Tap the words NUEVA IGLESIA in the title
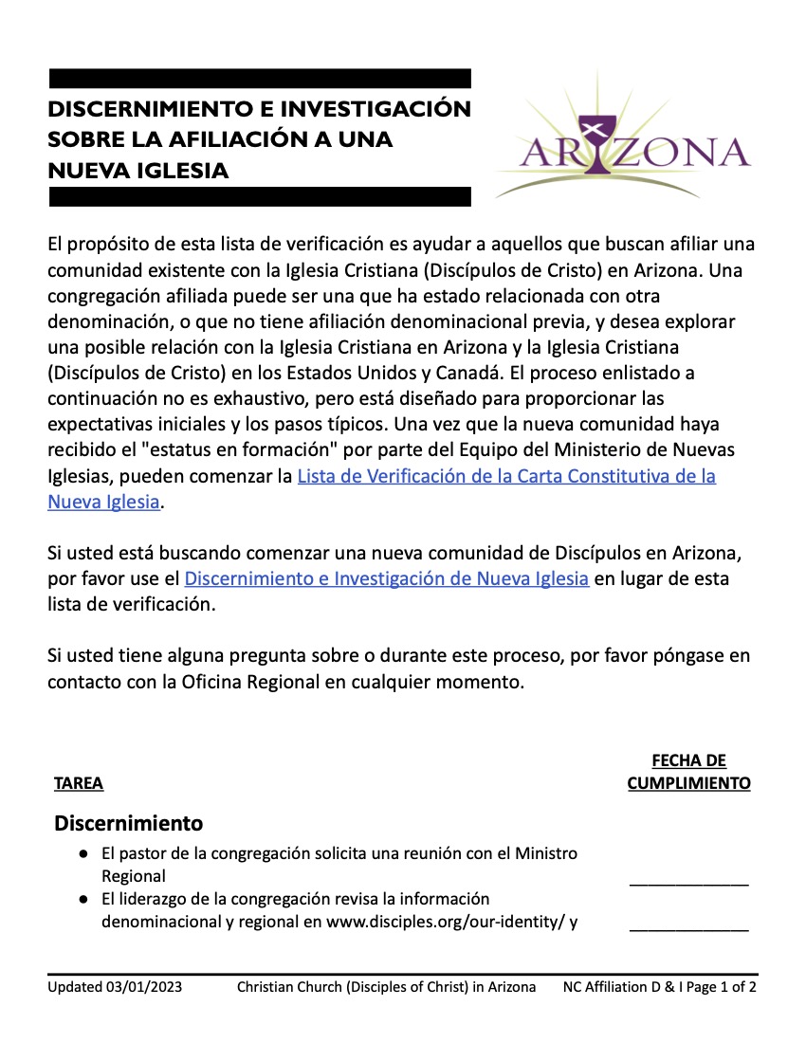(x=138, y=171)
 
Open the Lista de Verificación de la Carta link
(x=506, y=477)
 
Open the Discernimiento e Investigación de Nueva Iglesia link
(x=387, y=578)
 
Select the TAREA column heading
(x=79, y=784)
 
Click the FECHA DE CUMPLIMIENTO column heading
(x=689, y=773)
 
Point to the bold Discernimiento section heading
(x=129, y=821)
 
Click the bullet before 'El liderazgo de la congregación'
(x=85, y=899)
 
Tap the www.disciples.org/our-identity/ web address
(x=445, y=922)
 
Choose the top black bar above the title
(x=259, y=78)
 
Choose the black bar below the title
(x=259, y=196)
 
